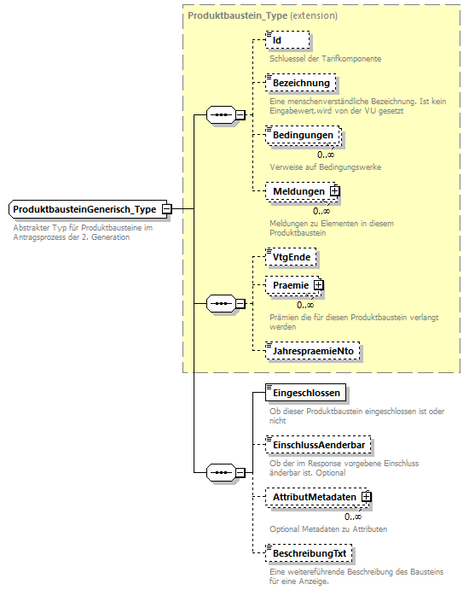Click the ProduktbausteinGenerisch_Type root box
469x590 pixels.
click(x=84, y=209)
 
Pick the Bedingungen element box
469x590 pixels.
click(x=303, y=135)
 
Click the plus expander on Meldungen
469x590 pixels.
click(x=335, y=192)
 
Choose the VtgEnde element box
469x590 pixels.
click(x=291, y=256)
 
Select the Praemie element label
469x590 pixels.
click(x=289, y=284)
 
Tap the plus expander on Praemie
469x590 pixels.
click(x=318, y=284)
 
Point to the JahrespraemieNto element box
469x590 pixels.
click(x=313, y=350)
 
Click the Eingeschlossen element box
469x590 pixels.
click(x=305, y=394)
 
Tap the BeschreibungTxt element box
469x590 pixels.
click(x=310, y=554)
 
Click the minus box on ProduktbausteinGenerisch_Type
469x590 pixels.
click(x=167, y=209)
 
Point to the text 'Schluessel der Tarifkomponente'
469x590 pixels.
click(x=325, y=59)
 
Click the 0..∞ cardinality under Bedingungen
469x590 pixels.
click(x=326, y=154)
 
